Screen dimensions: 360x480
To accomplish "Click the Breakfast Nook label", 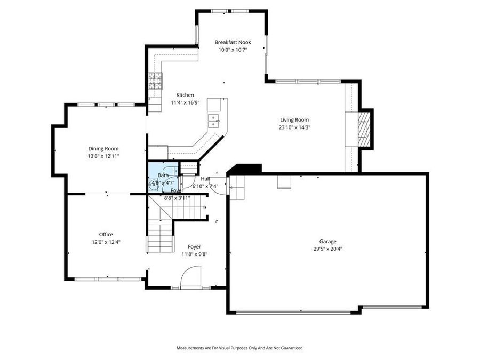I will pyautogui.click(x=233, y=42).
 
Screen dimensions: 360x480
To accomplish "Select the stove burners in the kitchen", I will pyautogui.click(x=155, y=82).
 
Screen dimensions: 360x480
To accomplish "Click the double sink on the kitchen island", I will pyautogui.click(x=214, y=121).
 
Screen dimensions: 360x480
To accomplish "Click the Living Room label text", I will pyautogui.click(x=294, y=120).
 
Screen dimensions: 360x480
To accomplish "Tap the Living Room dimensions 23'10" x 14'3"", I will pyautogui.click(x=294, y=127).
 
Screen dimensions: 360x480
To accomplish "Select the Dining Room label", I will pyautogui.click(x=103, y=149).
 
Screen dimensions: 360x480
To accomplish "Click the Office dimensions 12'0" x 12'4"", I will pyautogui.click(x=106, y=242).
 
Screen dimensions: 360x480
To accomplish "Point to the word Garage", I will pyautogui.click(x=328, y=241).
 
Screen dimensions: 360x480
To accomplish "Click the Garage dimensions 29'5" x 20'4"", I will pyautogui.click(x=328, y=249).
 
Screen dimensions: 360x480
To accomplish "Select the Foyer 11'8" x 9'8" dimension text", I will pyautogui.click(x=194, y=254).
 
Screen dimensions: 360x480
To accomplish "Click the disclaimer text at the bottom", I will pyautogui.click(x=240, y=348).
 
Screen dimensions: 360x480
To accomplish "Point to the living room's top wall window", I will pyautogui.click(x=307, y=82).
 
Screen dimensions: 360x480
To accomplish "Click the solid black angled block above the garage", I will pyautogui.click(x=245, y=169).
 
